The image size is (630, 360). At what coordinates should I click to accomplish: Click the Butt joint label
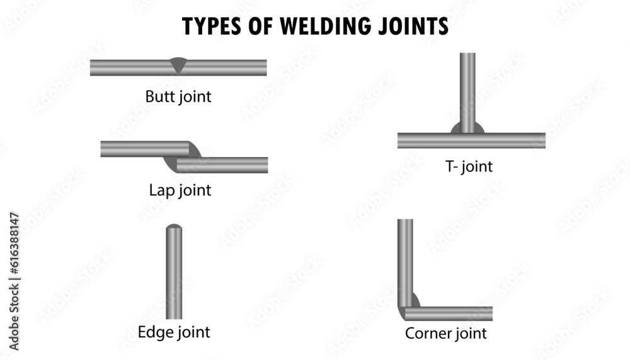[x=178, y=97]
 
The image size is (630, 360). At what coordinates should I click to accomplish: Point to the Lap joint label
[x=180, y=190]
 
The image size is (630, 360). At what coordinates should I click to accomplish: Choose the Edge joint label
[x=174, y=332]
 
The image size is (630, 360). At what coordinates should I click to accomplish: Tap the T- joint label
[x=468, y=167]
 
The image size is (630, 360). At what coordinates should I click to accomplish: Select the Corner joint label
[x=445, y=333]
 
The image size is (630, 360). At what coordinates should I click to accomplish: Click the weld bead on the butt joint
[x=178, y=64]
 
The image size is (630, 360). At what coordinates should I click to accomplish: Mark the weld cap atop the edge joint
[x=174, y=226]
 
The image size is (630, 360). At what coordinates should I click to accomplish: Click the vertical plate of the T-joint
[x=467, y=91]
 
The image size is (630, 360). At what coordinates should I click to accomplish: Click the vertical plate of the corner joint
[x=405, y=258]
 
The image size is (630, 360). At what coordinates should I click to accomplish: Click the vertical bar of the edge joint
[x=174, y=274]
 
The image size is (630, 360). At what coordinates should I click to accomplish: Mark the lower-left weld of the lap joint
[x=170, y=164]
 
